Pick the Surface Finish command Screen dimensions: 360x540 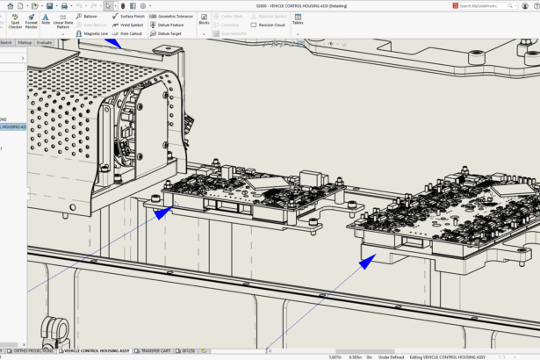[129, 16]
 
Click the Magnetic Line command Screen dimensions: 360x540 [91, 33]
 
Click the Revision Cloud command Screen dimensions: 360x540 [269, 25]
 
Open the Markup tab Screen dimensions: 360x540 [25, 41]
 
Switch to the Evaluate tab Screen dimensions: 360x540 [44, 41]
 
